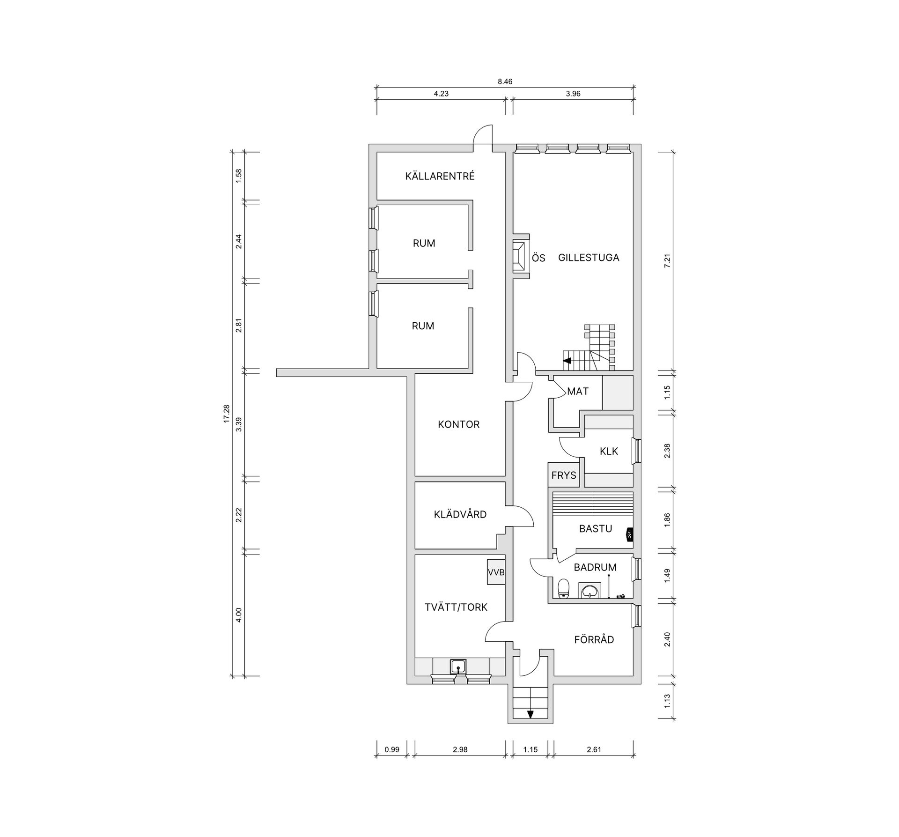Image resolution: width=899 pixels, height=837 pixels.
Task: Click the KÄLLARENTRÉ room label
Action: pyautogui.click(x=440, y=176)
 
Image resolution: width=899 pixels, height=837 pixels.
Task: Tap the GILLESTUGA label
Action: pyautogui.click(x=589, y=257)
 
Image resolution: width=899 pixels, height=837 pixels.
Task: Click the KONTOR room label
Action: pyautogui.click(x=459, y=424)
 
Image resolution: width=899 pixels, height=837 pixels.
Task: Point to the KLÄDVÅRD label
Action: pyautogui.click(x=460, y=514)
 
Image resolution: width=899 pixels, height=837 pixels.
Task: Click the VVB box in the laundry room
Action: pyautogui.click(x=496, y=572)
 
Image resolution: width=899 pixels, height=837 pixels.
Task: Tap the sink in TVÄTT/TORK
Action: pyautogui.click(x=458, y=666)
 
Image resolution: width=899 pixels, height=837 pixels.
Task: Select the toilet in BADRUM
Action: pyautogui.click(x=564, y=589)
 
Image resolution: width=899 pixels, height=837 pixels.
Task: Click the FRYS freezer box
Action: pyautogui.click(x=564, y=475)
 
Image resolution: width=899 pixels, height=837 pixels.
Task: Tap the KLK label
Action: pyautogui.click(x=609, y=451)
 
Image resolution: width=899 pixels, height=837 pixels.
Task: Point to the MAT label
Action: pyautogui.click(x=578, y=391)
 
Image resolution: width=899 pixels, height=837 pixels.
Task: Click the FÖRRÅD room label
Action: pyautogui.click(x=594, y=639)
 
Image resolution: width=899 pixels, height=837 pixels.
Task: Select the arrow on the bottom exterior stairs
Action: pyautogui.click(x=531, y=714)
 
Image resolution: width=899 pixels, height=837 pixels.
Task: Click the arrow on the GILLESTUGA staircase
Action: pyautogui.click(x=567, y=361)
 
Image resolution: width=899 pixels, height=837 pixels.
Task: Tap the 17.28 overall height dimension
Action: pyautogui.click(x=227, y=414)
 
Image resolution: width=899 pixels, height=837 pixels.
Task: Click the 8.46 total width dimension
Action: pyautogui.click(x=505, y=81)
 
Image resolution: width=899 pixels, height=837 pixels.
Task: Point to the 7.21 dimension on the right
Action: pyautogui.click(x=668, y=260)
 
